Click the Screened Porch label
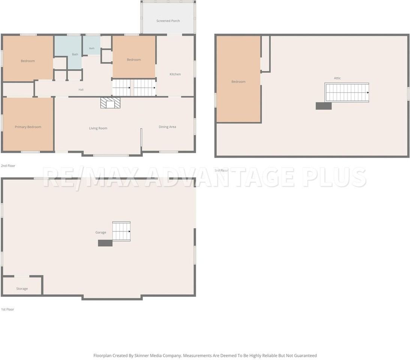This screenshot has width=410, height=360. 168,21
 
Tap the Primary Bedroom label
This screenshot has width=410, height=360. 28,127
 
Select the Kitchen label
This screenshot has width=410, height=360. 175,74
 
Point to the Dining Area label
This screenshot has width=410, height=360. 167,127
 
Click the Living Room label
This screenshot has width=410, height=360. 98,128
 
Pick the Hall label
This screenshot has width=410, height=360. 81,90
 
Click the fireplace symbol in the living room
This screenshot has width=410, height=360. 110,103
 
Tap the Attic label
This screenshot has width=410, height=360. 337,78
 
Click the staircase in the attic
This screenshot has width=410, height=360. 347,93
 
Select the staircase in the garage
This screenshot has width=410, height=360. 121,231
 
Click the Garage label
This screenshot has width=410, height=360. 101,232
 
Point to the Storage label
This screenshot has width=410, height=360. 22,289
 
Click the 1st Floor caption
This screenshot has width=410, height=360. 8,309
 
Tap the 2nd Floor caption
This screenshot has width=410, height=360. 8,166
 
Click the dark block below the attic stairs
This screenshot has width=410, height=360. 324,106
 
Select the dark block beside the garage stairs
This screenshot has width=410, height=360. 105,243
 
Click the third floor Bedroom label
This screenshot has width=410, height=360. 239,82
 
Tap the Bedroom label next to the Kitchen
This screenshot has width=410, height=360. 134,60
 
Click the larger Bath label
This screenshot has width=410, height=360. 75,54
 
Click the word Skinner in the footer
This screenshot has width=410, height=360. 141,355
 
